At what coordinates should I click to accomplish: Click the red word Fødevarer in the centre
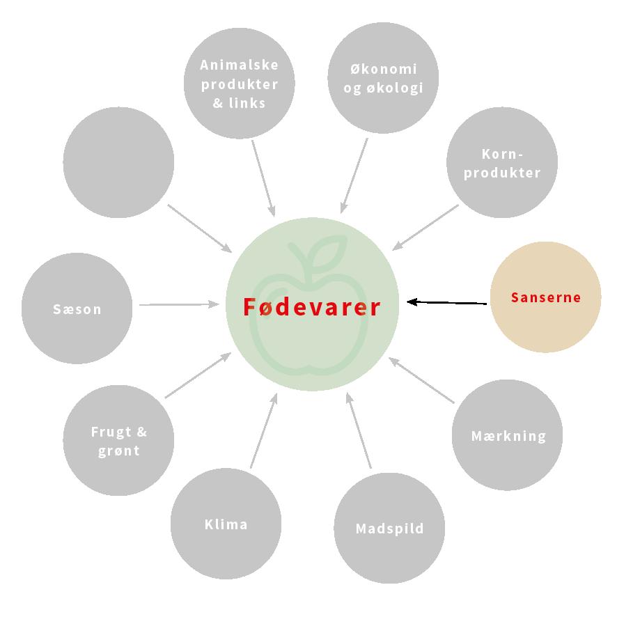click(x=312, y=306)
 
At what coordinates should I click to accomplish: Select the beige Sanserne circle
click(x=545, y=297)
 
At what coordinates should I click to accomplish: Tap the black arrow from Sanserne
click(x=447, y=302)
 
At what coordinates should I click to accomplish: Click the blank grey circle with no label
click(x=118, y=162)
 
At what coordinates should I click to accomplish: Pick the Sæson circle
click(x=77, y=308)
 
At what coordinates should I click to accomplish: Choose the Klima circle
click(x=226, y=524)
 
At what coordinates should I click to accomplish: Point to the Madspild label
click(x=389, y=529)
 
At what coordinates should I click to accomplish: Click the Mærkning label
click(x=508, y=436)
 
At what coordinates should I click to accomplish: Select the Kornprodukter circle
click(x=502, y=163)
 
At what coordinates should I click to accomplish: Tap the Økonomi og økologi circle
click(x=383, y=78)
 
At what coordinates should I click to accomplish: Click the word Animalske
click(x=239, y=65)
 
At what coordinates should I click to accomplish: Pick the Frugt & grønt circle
click(x=118, y=440)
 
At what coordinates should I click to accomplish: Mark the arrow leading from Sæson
click(x=179, y=304)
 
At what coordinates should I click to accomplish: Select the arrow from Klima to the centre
click(x=263, y=430)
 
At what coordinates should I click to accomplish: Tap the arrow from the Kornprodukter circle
click(x=425, y=226)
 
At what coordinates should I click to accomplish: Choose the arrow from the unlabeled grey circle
click(x=200, y=228)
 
